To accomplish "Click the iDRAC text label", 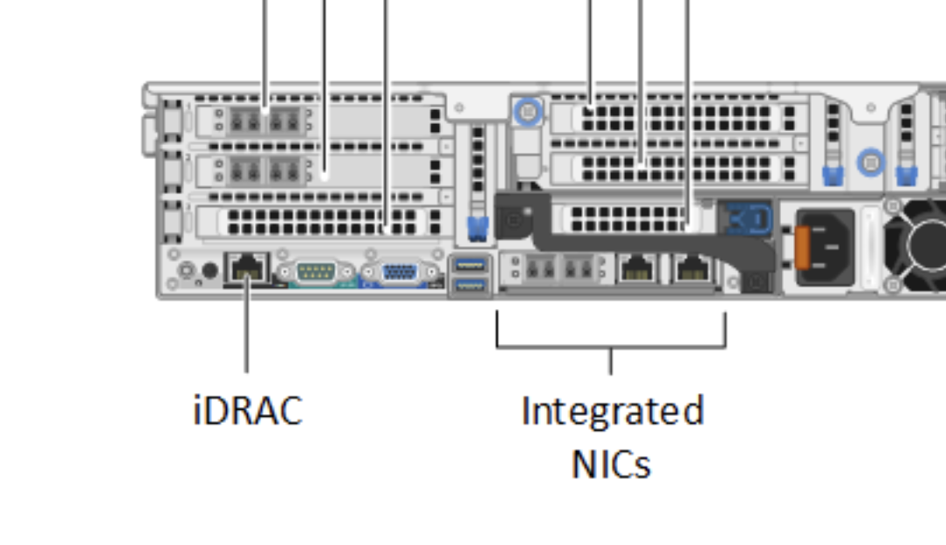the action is click(x=247, y=410).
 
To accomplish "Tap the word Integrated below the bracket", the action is click(x=612, y=410).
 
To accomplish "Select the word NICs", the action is click(x=611, y=464).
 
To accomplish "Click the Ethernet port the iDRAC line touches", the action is click(x=247, y=266).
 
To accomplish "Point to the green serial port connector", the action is click(x=315, y=272).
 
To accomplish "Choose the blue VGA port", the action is click(x=399, y=272).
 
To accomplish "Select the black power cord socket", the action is click(x=825, y=247).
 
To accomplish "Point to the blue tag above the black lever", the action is click(x=748, y=217).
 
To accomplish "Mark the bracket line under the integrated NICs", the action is click(x=611, y=346).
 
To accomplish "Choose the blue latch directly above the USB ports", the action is click(x=477, y=229).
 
